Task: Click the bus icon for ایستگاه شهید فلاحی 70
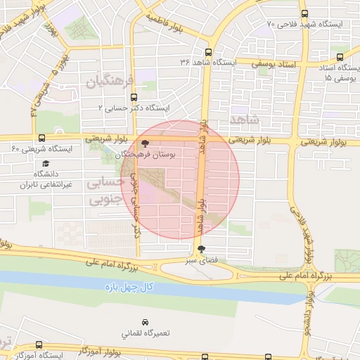pos(304,13)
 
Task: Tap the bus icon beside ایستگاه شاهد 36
pos(207,51)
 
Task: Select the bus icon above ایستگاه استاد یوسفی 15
pos(340,57)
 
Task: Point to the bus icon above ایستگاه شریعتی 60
pos(41,138)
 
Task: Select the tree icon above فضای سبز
pos(201,249)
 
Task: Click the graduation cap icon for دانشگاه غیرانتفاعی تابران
pos(46,163)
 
